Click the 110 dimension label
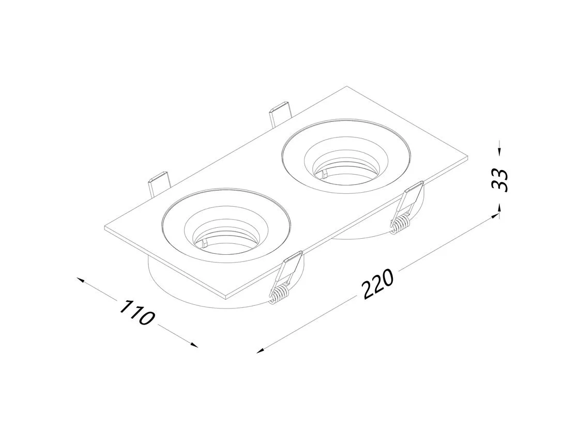pyautogui.click(x=136, y=313)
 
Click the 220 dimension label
pyautogui.click(x=378, y=284)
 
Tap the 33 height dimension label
pyautogui.click(x=500, y=180)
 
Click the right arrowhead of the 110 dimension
pyautogui.click(x=193, y=345)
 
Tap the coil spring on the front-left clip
pyautogui.click(x=280, y=293)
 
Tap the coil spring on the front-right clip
pyautogui.click(x=401, y=224)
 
